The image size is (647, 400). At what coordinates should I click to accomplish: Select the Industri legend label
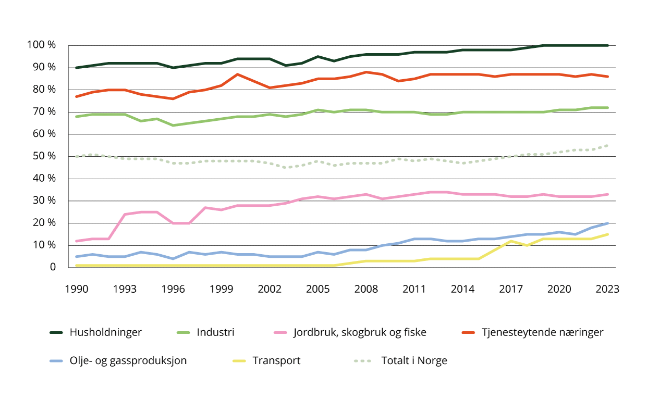click(x=215, y=332)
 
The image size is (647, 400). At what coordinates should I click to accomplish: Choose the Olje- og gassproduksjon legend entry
click(x=128, y=360)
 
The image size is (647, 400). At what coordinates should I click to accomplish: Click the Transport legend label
click(x=276, y=360)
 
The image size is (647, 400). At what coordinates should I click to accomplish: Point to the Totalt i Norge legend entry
click(x=414, y=360)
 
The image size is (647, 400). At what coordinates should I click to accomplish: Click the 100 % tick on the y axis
click(x=41, y=45)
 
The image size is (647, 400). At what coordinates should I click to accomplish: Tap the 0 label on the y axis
click(x=53, y=267)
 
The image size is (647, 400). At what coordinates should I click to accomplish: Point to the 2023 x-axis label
click(x=607, y=289)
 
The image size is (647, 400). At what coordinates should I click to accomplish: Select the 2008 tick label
click(x=367, y=289)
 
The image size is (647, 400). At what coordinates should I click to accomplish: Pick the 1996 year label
click(x=173, y=289)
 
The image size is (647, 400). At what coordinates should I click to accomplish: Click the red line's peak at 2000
click(x=238, y=74)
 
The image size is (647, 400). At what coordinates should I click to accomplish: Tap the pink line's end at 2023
click(x=607, y=194)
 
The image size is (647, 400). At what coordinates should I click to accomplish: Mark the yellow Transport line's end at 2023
click(x=607, y=234)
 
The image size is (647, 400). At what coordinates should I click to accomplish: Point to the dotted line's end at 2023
click(x=607, y=145)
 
